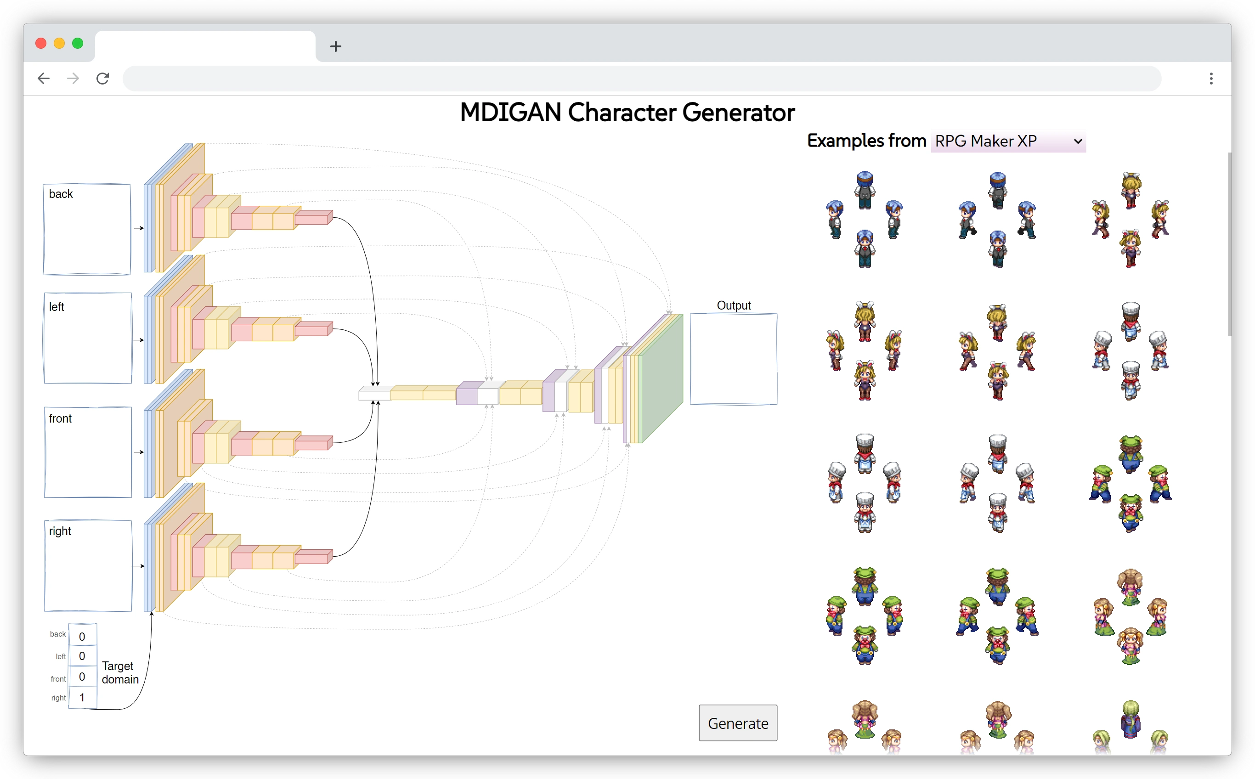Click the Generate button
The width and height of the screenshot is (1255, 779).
coord(737,723)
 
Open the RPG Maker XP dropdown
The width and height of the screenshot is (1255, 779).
coord(1008,141)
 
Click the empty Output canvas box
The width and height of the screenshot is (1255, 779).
coord(733,359)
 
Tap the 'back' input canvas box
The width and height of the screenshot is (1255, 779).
coord(86,230)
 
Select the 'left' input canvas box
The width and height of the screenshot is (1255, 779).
coord(88,339)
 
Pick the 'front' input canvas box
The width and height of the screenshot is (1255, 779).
coord(88,452)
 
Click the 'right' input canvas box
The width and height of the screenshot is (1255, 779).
coord(88,566)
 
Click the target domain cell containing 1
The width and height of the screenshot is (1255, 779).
coord(82,697)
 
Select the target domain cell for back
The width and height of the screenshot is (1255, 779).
coord(82,636)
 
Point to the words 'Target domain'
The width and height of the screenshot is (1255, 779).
coord(119,672)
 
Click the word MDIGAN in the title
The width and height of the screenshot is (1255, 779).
coord(510,113)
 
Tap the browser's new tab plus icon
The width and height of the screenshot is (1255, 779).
coord(335,46)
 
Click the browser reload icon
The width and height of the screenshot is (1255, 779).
coord(102,78)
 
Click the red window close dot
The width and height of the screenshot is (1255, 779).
coord(41,43)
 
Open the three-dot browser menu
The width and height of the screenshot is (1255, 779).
coord(1211,78)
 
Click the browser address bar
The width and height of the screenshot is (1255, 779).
coord(641,78)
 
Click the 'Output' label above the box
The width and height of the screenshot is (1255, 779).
coord(733,305)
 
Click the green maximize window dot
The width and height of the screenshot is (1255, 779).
coord(78,43)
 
